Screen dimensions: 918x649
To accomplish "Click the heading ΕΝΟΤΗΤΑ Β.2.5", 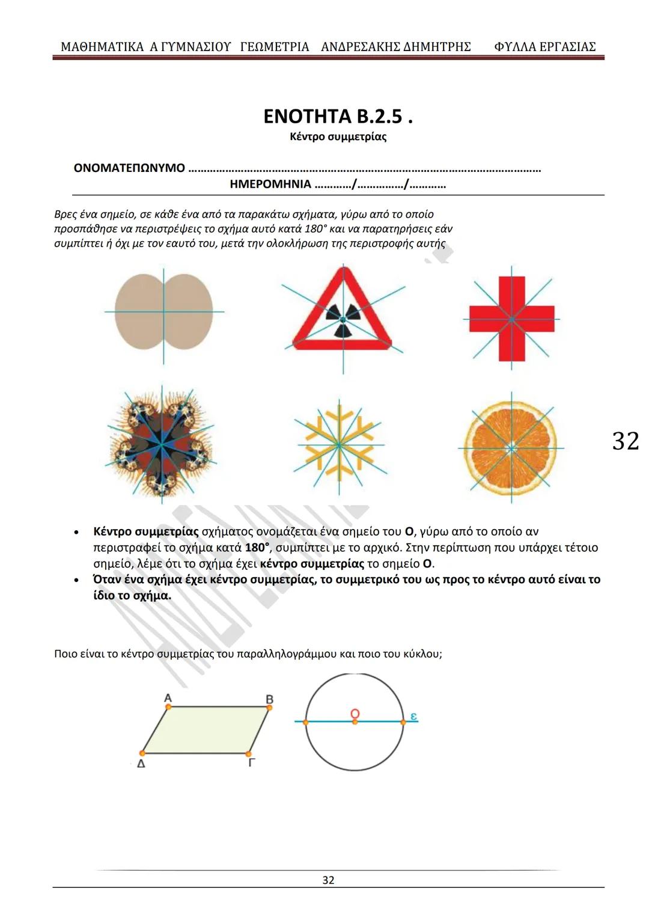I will (338, 116).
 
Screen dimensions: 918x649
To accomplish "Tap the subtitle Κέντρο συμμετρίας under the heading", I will (338, 136).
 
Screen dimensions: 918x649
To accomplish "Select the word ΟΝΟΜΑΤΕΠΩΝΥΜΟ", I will (129, 168).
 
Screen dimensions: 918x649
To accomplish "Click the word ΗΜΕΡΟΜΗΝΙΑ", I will (270, 184).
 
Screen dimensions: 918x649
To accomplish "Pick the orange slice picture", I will (511, 448).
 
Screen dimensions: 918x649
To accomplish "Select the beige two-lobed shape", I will (163, 312).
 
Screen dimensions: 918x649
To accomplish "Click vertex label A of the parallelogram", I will (168, 698).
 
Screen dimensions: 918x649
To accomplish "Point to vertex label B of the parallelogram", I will (270, 699).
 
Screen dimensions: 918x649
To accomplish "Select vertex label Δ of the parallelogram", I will (141, 764).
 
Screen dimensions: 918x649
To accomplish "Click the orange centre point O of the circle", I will (355, 721).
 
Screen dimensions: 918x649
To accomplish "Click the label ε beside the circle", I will (413, 716).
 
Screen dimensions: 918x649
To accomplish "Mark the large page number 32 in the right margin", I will (626, 441).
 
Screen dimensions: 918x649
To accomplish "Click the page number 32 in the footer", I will (328, 880).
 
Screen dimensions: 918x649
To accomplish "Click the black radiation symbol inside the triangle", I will (343, 314).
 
